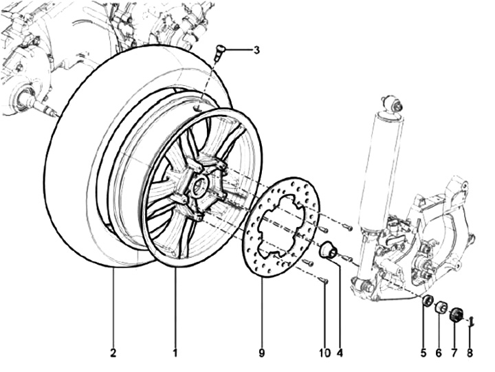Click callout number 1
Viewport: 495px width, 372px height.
click(175, 353)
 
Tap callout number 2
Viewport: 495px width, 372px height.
click(113, 353)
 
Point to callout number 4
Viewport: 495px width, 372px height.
click(339, 353)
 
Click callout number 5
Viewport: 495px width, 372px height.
click(424, 353)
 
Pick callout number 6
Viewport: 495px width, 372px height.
click(439, 353)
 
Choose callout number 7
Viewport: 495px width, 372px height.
click(454, 353)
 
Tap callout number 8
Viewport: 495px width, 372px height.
click(470, 353)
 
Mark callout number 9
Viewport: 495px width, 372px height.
click(262, 353)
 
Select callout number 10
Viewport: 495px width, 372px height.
click(323, 353)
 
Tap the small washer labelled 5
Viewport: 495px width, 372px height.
click(427, 300)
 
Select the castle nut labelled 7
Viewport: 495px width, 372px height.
click(455, 316)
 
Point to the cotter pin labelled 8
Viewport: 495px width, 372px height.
click(470, 320)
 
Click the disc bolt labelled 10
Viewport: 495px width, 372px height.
click(324, 280)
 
